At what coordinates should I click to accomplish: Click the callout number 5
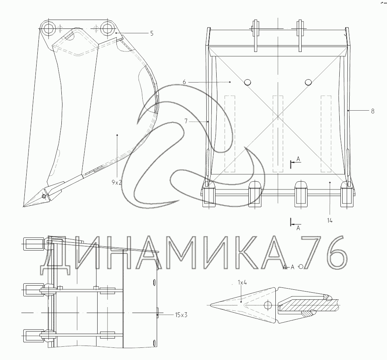[152, 33]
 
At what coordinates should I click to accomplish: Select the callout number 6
[184, 82]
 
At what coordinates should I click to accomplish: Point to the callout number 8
[372, 111]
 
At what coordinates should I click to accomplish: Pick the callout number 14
[330, 221]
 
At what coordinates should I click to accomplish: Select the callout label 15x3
[181, 315]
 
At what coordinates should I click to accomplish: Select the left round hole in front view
[247, 82]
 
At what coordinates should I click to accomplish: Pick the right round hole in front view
[308, 82]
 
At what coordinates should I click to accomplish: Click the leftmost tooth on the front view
[209, 194]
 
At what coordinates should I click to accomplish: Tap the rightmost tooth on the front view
[346, 194]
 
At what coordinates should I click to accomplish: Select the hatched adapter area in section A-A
[307, 305]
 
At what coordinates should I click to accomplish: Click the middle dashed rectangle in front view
[278, 134]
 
